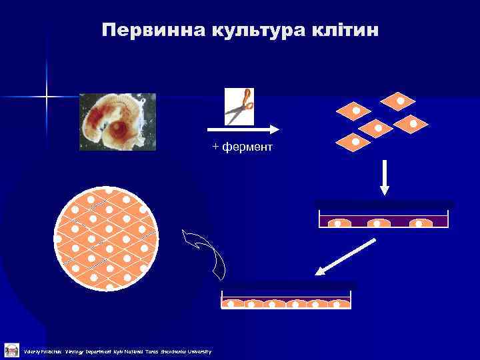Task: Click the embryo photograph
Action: click(117, 121)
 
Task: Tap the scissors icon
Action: click(239, 106)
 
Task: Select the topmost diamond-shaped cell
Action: click(398, 101)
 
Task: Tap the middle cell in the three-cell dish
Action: click(377, 223)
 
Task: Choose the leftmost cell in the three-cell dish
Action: click(337, 223)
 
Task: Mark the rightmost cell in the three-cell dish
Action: click(421, 223)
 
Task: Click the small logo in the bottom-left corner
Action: click(11, 350)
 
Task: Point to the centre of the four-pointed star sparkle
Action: click(47, 97)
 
